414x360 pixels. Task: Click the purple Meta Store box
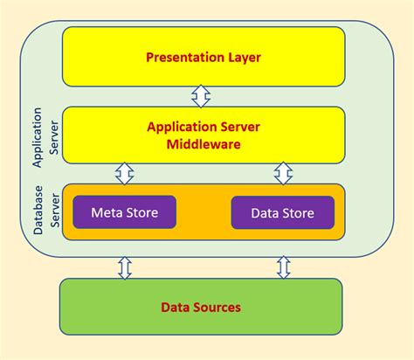click(124, 211)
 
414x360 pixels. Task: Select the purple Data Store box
click(282, 211)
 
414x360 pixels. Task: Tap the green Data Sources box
click(201, 307)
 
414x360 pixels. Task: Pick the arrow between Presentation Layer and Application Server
click(202, 96)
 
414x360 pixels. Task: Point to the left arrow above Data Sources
click(124, 267)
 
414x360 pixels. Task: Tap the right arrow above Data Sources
click(283, 267)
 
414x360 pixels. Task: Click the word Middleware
click(202, 144)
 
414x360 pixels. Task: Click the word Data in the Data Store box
click(265, 211)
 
